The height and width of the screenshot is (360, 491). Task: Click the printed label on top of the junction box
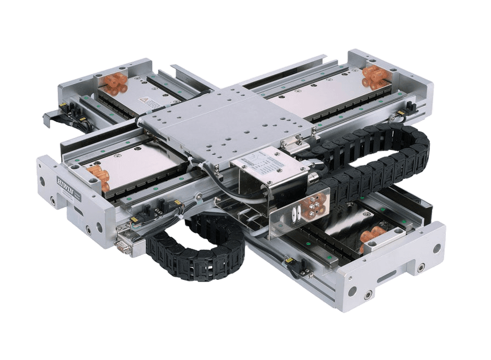coord(261,161)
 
